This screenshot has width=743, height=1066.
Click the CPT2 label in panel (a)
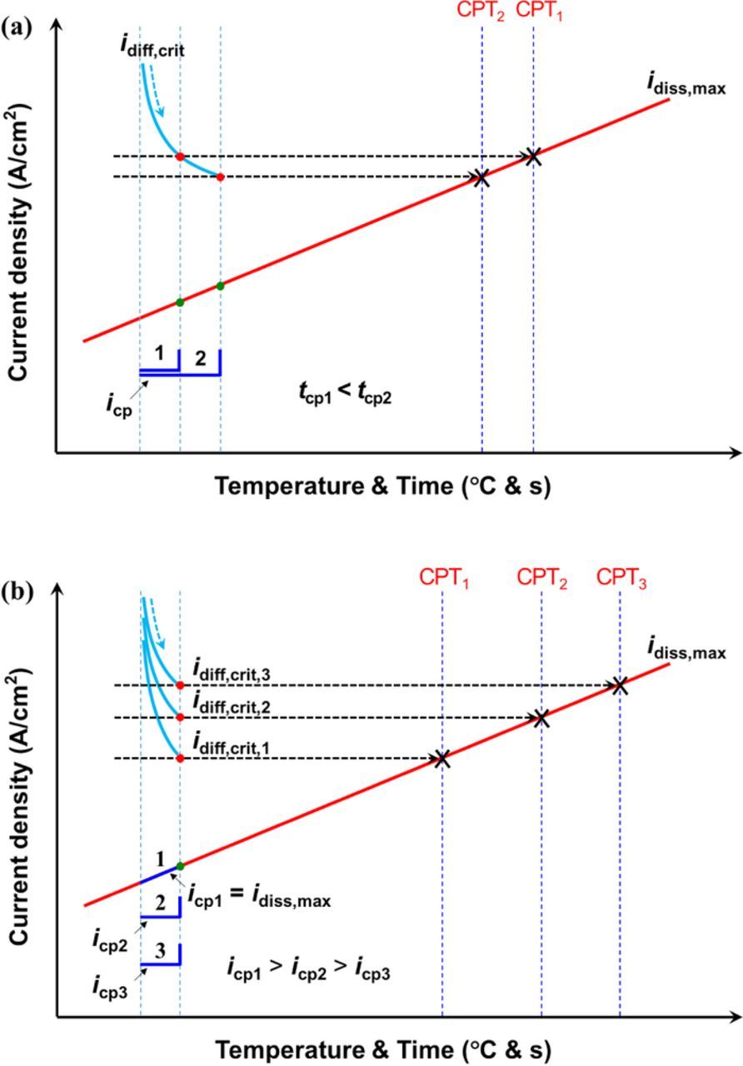(481, 12)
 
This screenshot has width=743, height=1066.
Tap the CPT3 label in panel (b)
(621, 577)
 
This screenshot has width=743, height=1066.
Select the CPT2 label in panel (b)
(542, 577)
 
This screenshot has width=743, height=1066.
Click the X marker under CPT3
(618, 685)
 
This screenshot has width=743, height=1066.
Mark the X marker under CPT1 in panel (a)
(532, 156)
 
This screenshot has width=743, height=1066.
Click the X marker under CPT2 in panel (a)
(481, 177)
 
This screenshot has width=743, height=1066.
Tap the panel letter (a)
(17, 25)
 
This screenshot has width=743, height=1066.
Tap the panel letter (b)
(17, 591)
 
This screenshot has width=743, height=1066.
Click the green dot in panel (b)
(180, 865)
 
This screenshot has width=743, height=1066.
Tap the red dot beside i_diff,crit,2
(180, 717)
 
